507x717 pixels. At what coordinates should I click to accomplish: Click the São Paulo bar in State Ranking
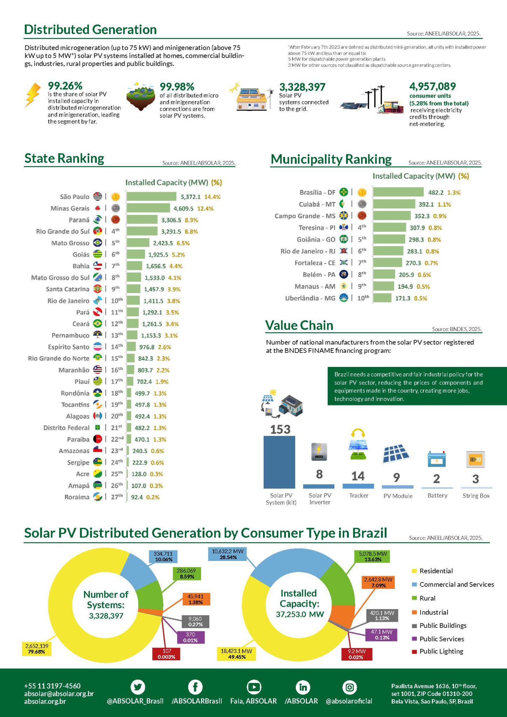click(151, 196)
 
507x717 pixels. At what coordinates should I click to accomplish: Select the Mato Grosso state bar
click(138, 243)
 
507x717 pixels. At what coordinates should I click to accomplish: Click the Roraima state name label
click(77, 497)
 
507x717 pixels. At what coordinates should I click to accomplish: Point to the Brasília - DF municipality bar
click(398, 192)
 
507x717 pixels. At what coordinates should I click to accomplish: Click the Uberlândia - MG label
click(310, 298)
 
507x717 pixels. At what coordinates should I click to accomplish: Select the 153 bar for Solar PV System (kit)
click(279, 462)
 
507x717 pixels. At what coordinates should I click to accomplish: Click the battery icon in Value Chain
click(437, 459)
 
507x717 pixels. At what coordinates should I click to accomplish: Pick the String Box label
click(476, 496)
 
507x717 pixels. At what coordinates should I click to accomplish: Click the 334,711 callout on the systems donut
click(163, 556)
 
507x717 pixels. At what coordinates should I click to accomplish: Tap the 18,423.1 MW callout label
click(236, 654)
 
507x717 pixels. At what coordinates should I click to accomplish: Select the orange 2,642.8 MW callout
click(378, 582)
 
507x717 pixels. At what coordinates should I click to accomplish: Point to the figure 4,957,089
click(432, 86)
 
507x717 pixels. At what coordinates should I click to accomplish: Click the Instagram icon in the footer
click(349, 687)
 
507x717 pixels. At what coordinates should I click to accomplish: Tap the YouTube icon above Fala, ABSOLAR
click(253, 687)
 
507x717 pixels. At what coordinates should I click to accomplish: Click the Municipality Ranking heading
click(331, 159)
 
